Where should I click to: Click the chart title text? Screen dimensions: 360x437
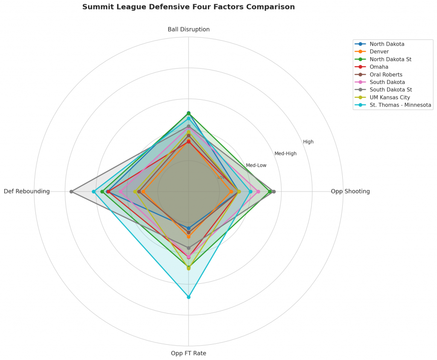(188, 7)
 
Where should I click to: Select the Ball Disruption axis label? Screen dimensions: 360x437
(189, 29)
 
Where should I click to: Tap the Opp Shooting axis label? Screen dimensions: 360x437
(350, 192)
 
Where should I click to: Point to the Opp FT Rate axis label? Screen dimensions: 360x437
(189, 353)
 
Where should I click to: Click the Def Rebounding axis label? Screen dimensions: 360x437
(27, 192)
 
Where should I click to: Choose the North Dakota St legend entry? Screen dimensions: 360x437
(390, 59)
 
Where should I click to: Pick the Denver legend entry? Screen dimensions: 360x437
(379, 52)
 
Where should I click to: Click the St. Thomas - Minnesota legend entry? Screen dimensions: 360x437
(400, 105)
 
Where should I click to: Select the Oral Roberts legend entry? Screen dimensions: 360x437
(386, 75)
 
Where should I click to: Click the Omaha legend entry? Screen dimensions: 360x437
(379, 67)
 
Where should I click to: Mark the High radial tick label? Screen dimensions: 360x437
(308, 142)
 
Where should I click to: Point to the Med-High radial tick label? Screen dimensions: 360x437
(285, 154)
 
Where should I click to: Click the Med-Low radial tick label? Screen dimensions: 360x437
(256, 165)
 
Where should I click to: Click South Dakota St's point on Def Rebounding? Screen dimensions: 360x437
(72, 192)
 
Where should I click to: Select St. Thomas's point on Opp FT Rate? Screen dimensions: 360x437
(189, 297)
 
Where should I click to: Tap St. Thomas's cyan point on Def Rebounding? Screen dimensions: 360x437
(93, 192)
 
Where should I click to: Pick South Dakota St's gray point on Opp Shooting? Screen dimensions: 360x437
(274, 192)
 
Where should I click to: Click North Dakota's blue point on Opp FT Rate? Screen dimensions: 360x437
(189, 228)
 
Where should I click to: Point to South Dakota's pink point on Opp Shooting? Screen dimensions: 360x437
(258, 192)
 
